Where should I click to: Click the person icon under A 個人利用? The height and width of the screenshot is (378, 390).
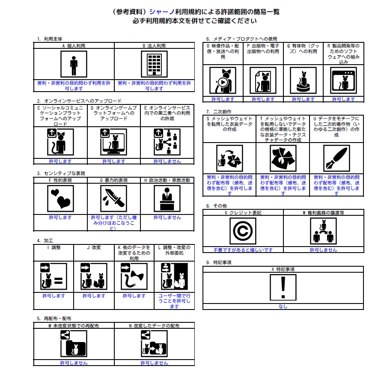click(x=74, y=64)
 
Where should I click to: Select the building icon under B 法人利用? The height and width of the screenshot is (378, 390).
click(x=154, y=64)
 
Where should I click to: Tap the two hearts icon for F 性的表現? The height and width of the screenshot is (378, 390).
click(x=60, y=199)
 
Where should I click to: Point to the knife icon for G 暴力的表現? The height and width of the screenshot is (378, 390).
click(x=114, y=199)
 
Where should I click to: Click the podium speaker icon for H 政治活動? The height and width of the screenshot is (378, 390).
click(x=167, y=199)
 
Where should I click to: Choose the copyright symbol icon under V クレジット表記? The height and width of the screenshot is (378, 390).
click(x=243, y=231)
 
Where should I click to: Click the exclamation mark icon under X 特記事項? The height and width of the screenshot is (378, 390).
click(x=283, y=288)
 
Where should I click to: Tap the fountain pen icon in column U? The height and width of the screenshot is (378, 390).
click(x=336, y=158)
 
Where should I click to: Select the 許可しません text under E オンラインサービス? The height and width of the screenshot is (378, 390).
click(x=167, y=161)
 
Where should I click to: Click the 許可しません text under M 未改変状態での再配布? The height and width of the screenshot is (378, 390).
click(x=74, y=363)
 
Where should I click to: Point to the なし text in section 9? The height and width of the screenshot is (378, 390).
click(x=283, y=307)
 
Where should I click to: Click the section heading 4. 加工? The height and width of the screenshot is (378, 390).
click(x=45, y=241)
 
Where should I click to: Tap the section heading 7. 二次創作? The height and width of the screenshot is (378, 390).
click(x=219, y=112)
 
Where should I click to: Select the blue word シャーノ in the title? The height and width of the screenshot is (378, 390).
click(x=162, y=12)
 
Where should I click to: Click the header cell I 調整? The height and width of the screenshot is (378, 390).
click(x=54, y=247)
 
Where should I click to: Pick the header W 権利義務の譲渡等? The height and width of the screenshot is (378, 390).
click(x=323, y=213)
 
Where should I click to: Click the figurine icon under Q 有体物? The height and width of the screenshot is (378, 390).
click(x=303, y=80)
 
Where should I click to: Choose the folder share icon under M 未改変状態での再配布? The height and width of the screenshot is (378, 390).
click(x=74, y=344)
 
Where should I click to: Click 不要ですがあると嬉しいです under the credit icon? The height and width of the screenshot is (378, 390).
click(x=243, y=250)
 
